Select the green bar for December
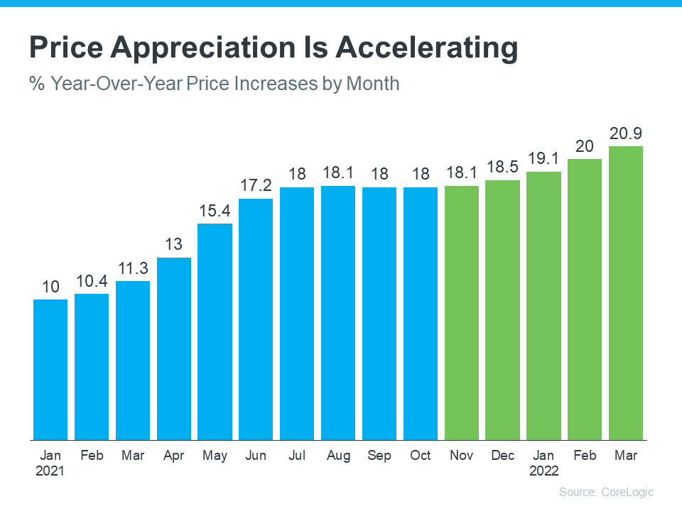click(503, 309)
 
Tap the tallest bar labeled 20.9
click(626, 292)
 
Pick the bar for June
click(256, 319)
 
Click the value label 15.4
click(215, 211)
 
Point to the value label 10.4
click(92, 281)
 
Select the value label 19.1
click(543, 158)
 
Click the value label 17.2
click(256, 186)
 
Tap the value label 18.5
click(503, 167)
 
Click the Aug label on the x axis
click(338, 455)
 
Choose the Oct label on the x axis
click(421, 455)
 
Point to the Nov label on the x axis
click(462, 455)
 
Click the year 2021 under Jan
click(50, 471)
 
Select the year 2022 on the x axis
click(543, 471)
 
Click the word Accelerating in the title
click(426, 48)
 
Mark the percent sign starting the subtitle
click(36, 84)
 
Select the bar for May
click(215, 331)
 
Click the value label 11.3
click(133, 268)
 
